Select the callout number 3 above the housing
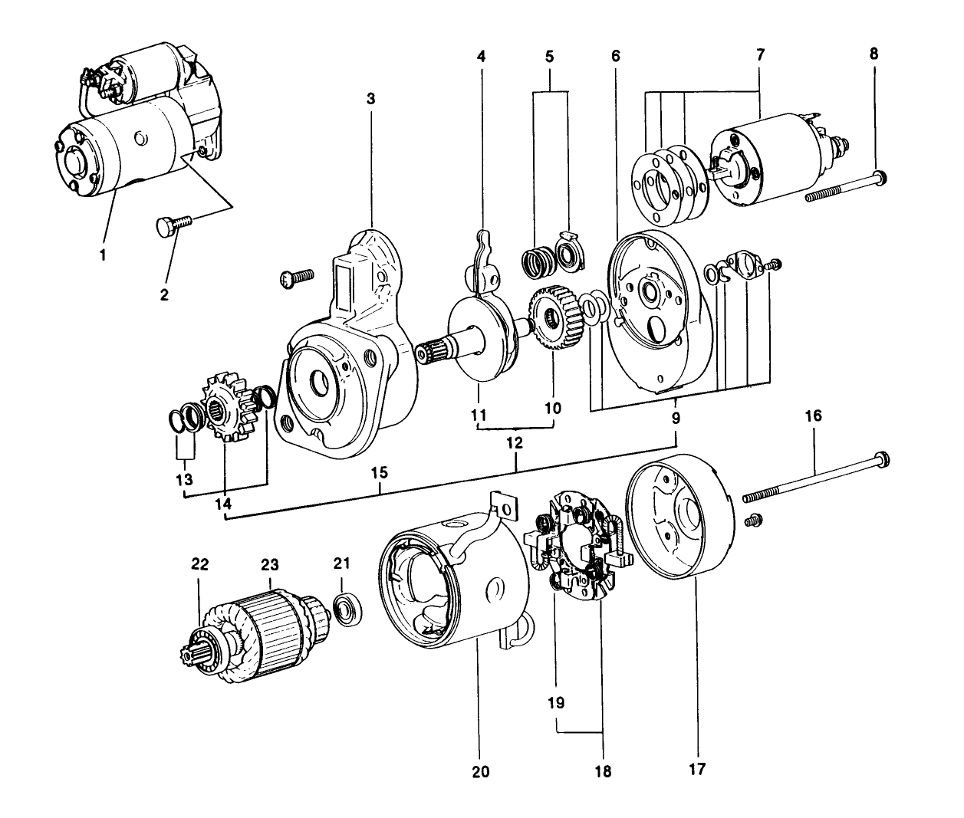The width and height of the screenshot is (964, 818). click(x=370, y=99)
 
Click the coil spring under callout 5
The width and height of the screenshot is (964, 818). click(x=531, y=261)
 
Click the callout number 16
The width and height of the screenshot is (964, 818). click(x=813, y=416)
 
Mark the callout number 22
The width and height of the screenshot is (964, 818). click(x=200, y=564)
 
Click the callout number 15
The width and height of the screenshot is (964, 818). click(x=380, y=473)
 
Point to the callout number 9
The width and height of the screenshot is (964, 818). click(x=676, y=419)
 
